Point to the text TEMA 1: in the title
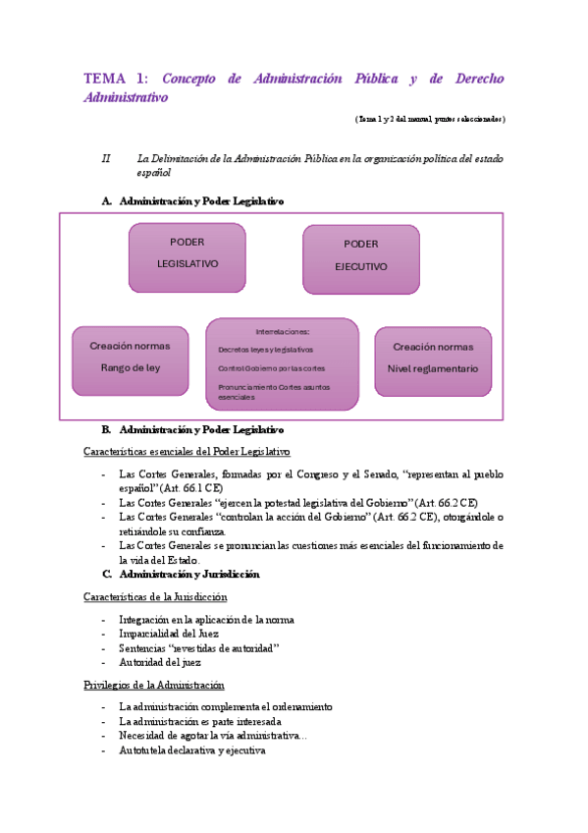pyautogui.click(x=116, y=80)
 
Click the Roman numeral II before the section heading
pyautogui.click(x=107, y=158)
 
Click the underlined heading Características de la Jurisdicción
pyautogui.click(x=155, y=596)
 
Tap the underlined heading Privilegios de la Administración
pyautogui.click(x=154, y=685)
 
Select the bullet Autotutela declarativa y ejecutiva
pyautogui.click(x=191, y=750)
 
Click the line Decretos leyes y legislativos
pyautogui.click(x=265, y=350)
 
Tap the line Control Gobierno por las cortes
pyautogui.click(x=271, y=368)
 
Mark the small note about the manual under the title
pyautogui.click(x=430, y=119)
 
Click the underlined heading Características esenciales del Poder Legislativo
pyautogui.click(x=187, y=452)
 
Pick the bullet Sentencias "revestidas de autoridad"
pyautogui.click(x=198, y=648)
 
